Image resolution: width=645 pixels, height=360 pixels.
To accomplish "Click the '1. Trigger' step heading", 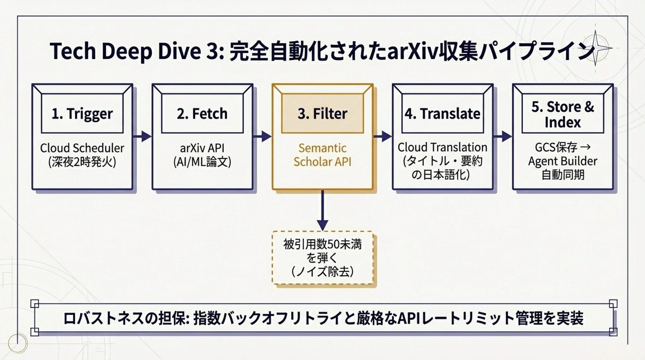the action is pos(82,114).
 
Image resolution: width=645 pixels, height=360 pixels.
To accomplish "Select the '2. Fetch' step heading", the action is pos(202,114).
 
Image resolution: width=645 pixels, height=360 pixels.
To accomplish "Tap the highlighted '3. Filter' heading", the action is pos(322,114).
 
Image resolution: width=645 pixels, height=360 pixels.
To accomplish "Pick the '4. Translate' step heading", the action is pos(442,114).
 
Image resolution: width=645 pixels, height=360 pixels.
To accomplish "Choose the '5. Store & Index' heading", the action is pos(563,115).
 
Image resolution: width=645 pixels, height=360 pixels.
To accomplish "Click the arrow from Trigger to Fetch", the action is pos(142,136).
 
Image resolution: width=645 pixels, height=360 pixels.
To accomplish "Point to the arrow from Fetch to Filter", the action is pos(262,136).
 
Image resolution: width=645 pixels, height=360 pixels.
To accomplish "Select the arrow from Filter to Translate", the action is pos(383,136).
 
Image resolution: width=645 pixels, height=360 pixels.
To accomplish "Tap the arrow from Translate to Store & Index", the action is pos(503,136).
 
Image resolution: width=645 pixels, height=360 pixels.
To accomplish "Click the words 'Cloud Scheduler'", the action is pos(82,148).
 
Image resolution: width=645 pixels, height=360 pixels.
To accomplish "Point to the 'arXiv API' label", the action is pos(202,148).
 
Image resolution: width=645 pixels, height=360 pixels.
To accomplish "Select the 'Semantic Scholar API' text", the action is pos(322,155).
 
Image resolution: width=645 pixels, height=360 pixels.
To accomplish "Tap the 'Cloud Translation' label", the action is pos(442,147).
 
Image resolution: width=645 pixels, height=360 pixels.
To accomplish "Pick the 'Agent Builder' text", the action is pos(563,161).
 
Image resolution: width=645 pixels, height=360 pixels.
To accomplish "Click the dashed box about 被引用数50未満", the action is pos(322,258).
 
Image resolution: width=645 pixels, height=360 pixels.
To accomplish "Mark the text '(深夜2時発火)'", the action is pos(82,162).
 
